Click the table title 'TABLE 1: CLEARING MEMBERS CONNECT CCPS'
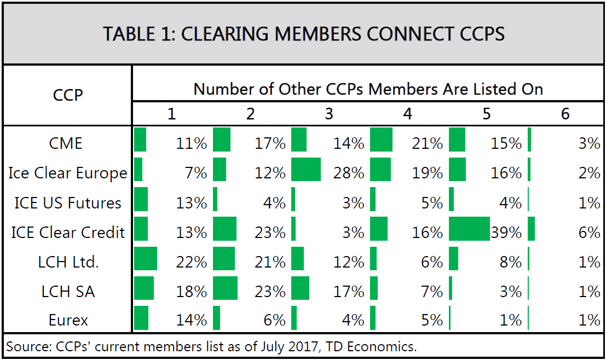click(x=303, y=34)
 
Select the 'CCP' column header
click(x=68, y=95)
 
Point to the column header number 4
click(x=407, y=114)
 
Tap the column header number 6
click(x=565, y=114)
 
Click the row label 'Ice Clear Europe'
click(x=68, y=173)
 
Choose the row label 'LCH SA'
click(x=68, y=292)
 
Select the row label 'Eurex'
click(x=68, y=321)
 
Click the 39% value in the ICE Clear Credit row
click(x=506, y=233)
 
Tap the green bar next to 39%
click(x=469, y=229)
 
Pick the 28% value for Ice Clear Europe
click(x=349, y=173)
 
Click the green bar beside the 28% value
click(x=306, y=170)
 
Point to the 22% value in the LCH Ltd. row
click(x=191, y=262)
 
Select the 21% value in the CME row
click(x=428, y=144)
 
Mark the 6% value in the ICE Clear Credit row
click(x=590, y=233)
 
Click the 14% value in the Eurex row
click(x=191, y=321)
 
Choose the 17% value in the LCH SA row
click(x=349, y=292)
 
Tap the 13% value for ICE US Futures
click(x=191, y=203)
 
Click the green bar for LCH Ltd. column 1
click(x=146, y=258)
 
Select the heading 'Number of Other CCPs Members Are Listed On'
click(x=368, y=89)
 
